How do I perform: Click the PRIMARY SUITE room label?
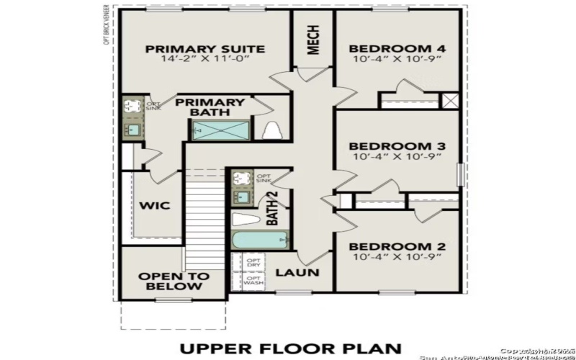click(x=205, y=49)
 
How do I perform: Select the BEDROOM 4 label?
click(x=397, y=49)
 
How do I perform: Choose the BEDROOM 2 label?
click(x=397, y=246)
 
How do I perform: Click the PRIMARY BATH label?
click(x=210, y=107)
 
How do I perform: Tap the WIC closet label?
click(x=154, y=206)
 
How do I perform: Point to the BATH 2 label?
click(x=273, y=208)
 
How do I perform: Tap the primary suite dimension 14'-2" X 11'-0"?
click(x=205, y=60)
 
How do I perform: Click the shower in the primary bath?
click(x=219, y=130)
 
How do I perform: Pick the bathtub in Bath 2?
click(x=260, y=240)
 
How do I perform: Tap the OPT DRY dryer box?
click(x=253, y=263)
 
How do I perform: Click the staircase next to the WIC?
click(x=203, y=209)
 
